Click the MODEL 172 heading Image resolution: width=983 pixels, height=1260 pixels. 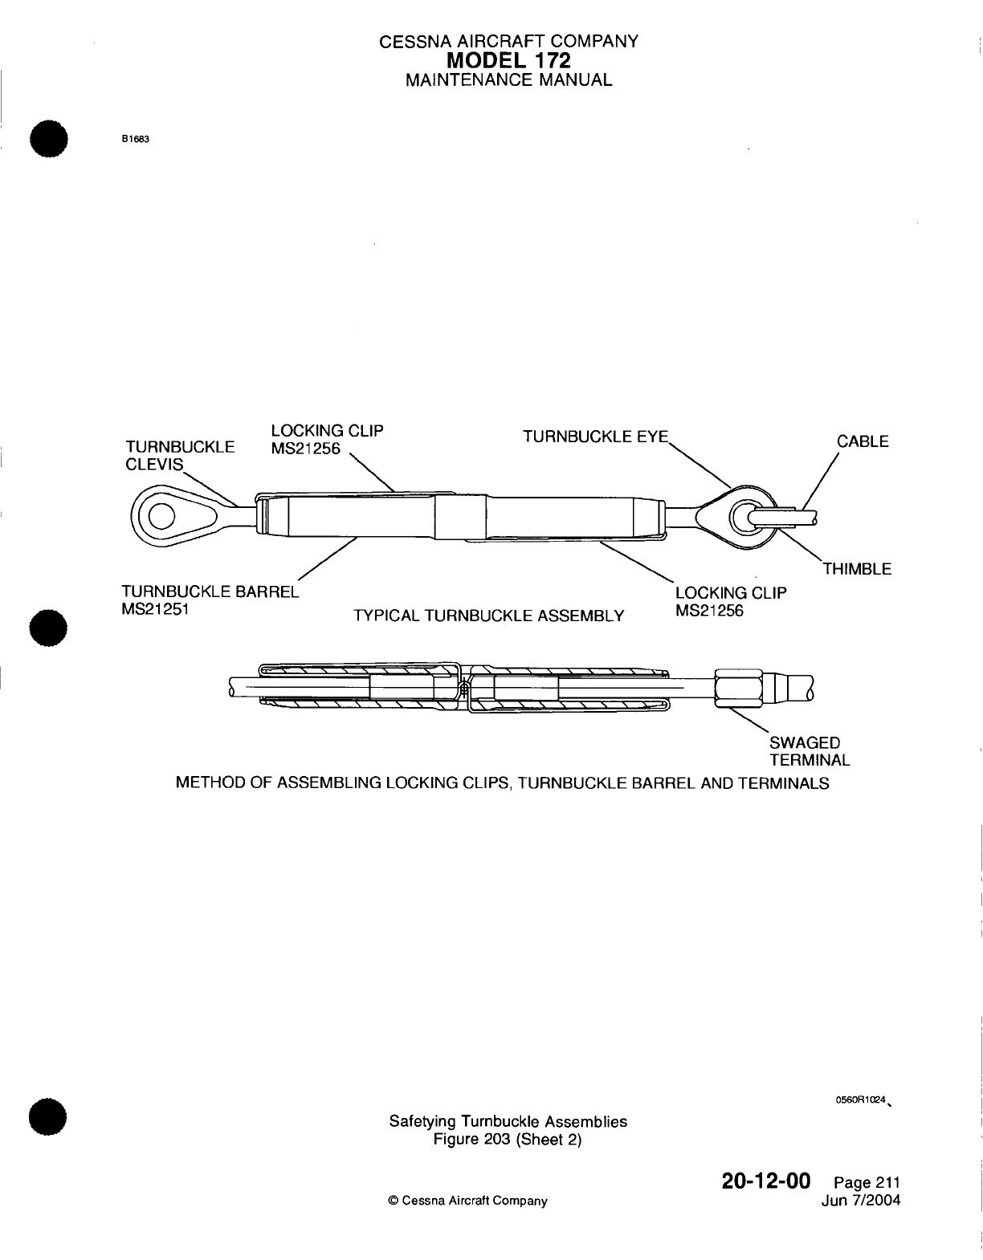point(508,60)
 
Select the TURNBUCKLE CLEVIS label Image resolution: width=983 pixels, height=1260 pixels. point(179,455)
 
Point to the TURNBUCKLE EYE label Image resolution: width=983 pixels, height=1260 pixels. point(595,437)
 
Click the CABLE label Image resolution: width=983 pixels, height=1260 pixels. point(863,441)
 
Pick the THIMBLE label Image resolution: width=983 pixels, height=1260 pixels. point(857,569)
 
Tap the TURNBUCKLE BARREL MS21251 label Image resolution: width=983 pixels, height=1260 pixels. point(208,600)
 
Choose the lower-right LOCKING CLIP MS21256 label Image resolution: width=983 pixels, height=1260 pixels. point(730,601)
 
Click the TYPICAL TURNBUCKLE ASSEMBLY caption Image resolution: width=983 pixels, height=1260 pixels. point(488,616)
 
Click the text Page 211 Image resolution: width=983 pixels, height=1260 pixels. point(867,1183)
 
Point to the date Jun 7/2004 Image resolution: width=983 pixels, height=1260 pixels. point(861,1201)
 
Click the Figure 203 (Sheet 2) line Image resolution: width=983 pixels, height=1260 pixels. point(508,1140)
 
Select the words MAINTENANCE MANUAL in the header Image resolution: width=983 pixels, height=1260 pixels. point(508,80)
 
